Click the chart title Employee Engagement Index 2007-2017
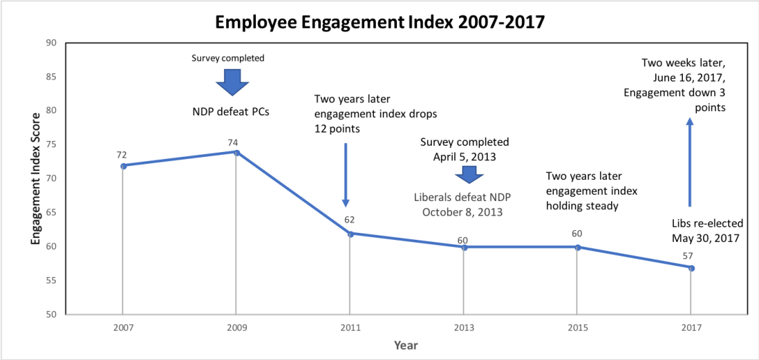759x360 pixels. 379,22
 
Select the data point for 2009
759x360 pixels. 236,152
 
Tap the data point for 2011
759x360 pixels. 350,234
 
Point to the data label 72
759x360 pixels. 122,155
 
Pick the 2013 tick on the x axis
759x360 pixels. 463,327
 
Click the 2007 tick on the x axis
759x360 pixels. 122,327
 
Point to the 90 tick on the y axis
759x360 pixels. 51,43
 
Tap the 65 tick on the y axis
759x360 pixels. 51,212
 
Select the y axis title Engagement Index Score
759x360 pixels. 34,178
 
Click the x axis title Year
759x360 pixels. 405,344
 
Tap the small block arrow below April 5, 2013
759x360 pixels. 465,174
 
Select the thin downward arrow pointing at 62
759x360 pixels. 346,174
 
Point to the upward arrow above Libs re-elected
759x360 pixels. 689,162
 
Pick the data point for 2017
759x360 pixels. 691,267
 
